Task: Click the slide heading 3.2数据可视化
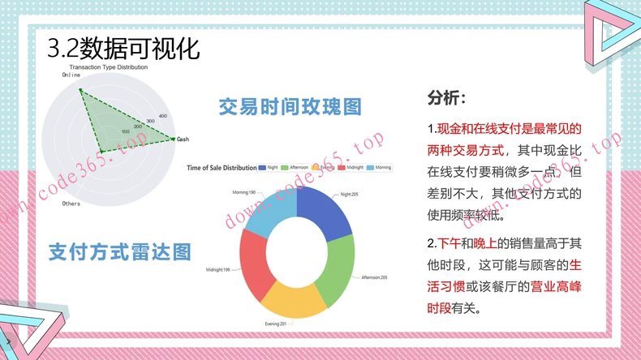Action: pos(124,47)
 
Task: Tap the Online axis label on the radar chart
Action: pos(71,75)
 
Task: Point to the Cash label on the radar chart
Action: pos(183,139)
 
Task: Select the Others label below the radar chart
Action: pos(71,204)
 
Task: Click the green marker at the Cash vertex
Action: pos(174,139)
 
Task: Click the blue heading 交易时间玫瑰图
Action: pos(290,107)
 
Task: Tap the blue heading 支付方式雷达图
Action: pos(120,251)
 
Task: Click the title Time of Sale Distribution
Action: pos(222,168)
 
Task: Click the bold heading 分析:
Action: pos(446,99)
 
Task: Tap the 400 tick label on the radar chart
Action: pos(162,115)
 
